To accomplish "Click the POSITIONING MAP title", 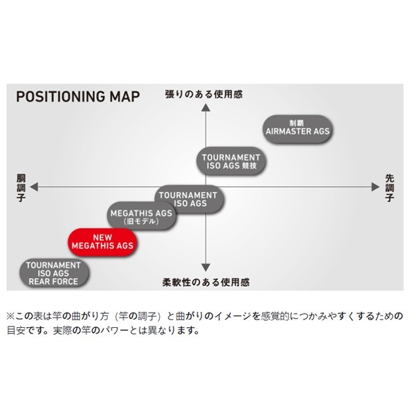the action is pyautogui.click(x=78, y=97).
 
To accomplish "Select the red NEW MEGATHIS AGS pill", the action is pyautogui.click(x=102, y=242).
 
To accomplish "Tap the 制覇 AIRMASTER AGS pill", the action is pyautogui.click(x=297, y=129).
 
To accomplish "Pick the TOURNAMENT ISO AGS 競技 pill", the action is pyautogui.click(x=231, y=161).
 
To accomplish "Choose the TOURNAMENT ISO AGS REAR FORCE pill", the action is pyautogui.click(x=54, y=273).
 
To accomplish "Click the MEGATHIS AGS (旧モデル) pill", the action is pyautogui.click(x=141, y=216).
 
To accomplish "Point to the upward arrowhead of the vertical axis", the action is pyautogui.click(x=205, y=108).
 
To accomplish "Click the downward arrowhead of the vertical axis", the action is pyautogui.click(x=205, y=267).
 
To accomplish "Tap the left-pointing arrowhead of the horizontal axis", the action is pyautogui.click(x=34, y=187).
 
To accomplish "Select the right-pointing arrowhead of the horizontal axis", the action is pyautogui.click(x=376, y=187).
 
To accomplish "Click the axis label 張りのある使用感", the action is pyautogui.click(x=204, y=95).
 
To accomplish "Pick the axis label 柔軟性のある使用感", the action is pyautogui.click(x=206, y=282).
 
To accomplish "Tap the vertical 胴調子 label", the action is pyautogui.click(x=21, y=188).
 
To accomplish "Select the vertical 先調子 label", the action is pyautogui.click(x=389, y=188).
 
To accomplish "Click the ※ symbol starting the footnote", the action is pyautogui.click(x=10, y=316).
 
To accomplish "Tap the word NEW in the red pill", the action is pyautogui.click(x=102, y=237).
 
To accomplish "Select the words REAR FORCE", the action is pyautogui.click(x=53, y=282).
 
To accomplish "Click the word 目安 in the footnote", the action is pyautogui.click(x=16, y=331).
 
